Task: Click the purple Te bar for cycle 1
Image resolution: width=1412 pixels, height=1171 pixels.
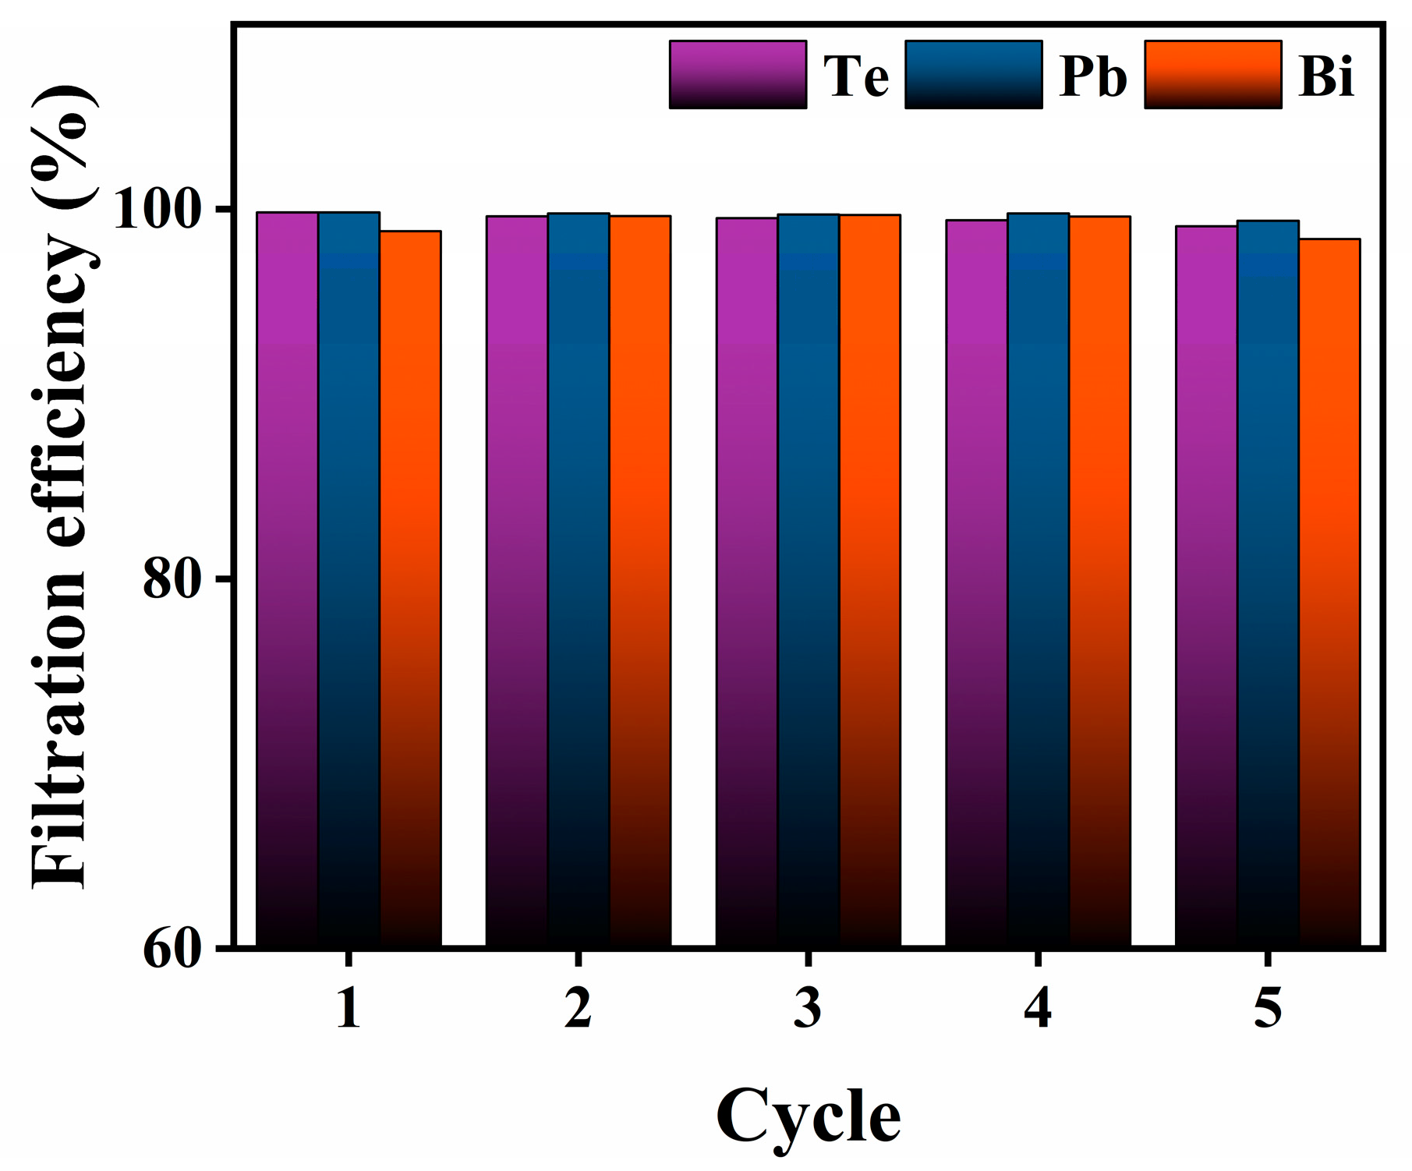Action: pos(287,577)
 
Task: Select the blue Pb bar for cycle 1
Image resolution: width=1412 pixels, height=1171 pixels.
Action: pos(349,577)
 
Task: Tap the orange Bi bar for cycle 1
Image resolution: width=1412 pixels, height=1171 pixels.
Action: pos(410,585)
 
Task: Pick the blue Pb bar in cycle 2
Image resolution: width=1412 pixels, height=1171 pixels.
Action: pos(578,577)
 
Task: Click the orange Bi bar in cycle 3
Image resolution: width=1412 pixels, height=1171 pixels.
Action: pos(869,577)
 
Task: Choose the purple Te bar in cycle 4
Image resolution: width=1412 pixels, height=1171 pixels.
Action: pos(976,581)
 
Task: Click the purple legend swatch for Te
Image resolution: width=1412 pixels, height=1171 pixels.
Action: pos(738,75)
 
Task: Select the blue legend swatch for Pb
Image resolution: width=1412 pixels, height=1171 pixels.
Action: pos(974,75)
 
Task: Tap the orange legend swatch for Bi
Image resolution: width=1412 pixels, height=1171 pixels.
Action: pos(1212,75)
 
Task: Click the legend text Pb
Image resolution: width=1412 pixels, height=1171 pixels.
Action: pos(1093,76)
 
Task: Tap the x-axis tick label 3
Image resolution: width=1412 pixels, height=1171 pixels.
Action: pos(808,1007)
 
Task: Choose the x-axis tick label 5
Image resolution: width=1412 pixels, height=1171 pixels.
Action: pos(1268,1007)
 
